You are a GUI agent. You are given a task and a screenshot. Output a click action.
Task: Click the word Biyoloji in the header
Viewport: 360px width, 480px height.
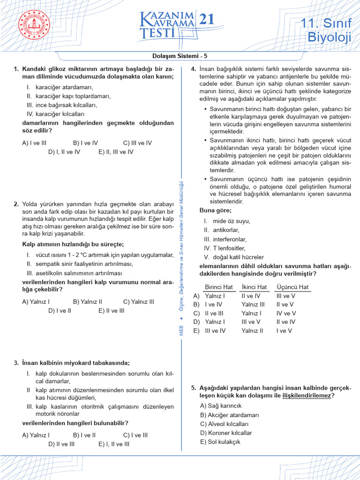coord(329,37)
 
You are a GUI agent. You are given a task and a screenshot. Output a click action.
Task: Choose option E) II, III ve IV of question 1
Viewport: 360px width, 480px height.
coord(116,152)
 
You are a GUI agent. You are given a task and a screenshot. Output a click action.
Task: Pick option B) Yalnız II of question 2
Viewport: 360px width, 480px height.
coord(87,302)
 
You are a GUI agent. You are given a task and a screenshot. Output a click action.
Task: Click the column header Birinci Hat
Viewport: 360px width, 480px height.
coord(219,287)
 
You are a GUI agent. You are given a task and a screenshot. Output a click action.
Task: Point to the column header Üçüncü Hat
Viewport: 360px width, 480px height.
coord(292,287)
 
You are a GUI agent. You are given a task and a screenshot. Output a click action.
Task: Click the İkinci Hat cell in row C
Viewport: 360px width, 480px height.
coord(251,313)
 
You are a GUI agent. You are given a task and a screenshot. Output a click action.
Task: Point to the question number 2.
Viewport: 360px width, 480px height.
coord(16,204)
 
